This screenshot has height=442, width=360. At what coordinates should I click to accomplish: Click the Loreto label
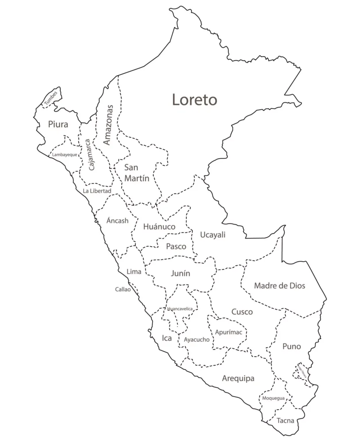pyautogui.click(x=194, y=100)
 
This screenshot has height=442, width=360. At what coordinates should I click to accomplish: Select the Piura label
pyautogui.click(x=58, y=125)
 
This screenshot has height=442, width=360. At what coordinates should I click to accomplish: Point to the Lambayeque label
pyautogui.click(x=65, y=155)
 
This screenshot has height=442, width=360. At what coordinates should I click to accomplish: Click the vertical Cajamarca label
pyautogui.click(x=91, y=155)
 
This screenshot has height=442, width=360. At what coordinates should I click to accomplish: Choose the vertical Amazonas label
pyautogui.click(x=108, y=125)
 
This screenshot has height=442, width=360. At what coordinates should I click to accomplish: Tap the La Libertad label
pyautogui.click(x=97, y=191)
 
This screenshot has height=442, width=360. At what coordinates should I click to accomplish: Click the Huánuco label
pyautogui.click(x=159, y=227)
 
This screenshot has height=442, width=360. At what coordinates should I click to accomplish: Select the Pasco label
pyautogui.click(x=176, y=247)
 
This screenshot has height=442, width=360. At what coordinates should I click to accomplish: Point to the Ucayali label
pyautogui.click(x=213, y=235)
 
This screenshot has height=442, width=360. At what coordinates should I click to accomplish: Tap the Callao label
pyautogui.click(x=123, y=290)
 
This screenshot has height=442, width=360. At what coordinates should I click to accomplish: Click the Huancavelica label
pyautogui.click(x=180, y=309)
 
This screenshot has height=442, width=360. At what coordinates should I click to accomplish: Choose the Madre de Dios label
pyautogui.click(x=280, y=286)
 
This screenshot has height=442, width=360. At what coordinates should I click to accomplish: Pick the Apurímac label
pyautogui.click(x=229, y=332)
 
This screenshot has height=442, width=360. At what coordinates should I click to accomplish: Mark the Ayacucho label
pyautogui.click(x=196, y=339)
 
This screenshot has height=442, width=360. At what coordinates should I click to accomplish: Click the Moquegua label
pyautogui.click(x=273, y=398)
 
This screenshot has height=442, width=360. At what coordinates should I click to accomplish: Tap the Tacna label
pyautogui.click(x=285, y=421)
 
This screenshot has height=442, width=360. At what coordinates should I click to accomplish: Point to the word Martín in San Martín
pyautogui.click(x=136, y=179)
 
